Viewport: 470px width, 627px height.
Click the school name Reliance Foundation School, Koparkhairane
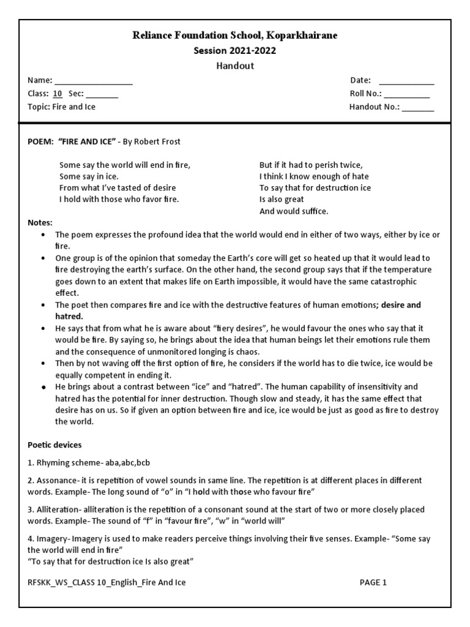[235, 36]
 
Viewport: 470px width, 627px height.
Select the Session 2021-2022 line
[235, 51]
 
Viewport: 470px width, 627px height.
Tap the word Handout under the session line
[235, 66]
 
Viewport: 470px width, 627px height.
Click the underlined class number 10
[58, 94]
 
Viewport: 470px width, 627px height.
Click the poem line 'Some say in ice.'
[89, 176]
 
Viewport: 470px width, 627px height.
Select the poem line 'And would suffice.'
[294, 211]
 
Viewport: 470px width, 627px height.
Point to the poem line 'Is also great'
[282, 200]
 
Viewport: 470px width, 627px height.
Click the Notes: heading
[40, 222]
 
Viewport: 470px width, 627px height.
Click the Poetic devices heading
[54, 445]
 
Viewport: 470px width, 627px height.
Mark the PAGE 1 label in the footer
[373, 582]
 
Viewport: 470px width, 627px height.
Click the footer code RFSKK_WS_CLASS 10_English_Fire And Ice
[107, 582]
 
